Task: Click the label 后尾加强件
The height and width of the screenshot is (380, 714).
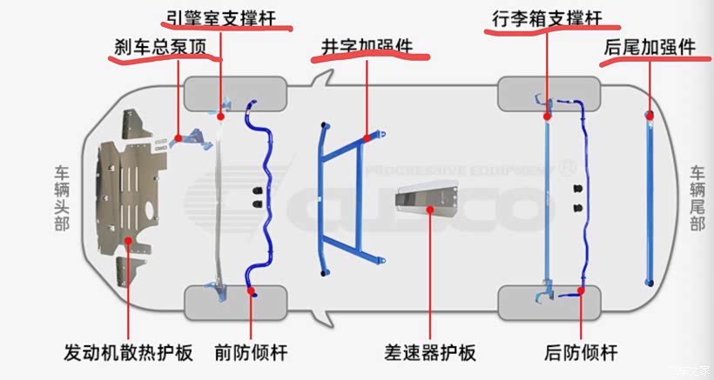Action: pyautogui.click(x=649, y=48)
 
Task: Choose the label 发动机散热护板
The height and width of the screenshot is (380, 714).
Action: pyautogui.click(x=127, y=354)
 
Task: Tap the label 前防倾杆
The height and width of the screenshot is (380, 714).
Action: pyautogui.click(x=251, y=354)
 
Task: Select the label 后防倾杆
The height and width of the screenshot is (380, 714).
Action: pyautogui.click(x=580, y=354)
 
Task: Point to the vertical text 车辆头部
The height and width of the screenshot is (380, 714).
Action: pyautogui.click(x=62, y=198)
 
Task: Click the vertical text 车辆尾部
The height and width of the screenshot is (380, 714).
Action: pyautogui.click(x=697, y=198)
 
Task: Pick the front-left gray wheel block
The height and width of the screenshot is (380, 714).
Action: pyautogui.click(x=235, y=91)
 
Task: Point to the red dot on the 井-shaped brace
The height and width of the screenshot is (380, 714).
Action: pyautogui.click(x=366, y=137)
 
